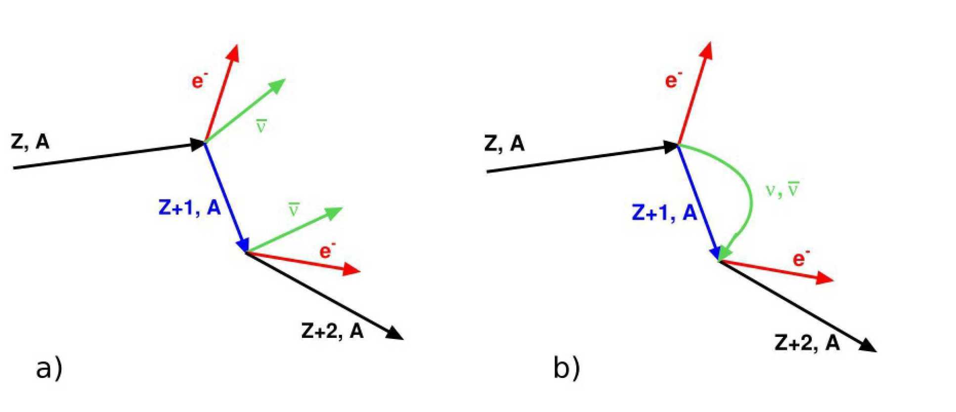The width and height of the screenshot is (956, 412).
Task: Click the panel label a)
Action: tap(49, 369)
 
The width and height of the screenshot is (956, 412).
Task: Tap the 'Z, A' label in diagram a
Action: tap(30, 142)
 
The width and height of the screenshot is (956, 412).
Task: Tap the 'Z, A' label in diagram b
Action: tap(504, 144)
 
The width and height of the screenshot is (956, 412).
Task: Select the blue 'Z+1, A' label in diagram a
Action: tap(189, 208)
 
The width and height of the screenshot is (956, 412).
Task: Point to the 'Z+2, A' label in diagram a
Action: tap(332, 331)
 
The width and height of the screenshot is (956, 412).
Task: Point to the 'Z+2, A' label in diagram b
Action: tap(807, 343)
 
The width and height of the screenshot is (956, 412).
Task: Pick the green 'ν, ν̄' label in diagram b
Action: tap(782, 190)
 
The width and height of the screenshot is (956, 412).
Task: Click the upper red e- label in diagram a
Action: tap(199, 81)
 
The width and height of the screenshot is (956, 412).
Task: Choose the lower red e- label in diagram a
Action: tap(327, 250)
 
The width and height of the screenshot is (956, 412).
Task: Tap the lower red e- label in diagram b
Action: tap(801, 258)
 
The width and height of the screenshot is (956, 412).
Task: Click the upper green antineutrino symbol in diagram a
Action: tap(261, 126)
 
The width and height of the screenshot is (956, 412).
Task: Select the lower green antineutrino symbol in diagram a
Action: tap(294, 210)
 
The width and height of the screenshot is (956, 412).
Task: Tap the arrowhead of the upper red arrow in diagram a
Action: tap(234, 52)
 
